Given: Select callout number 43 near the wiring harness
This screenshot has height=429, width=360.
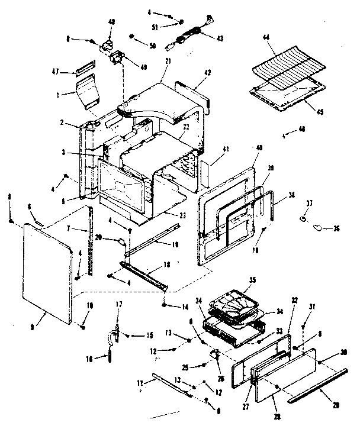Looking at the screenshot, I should [220, 38].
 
